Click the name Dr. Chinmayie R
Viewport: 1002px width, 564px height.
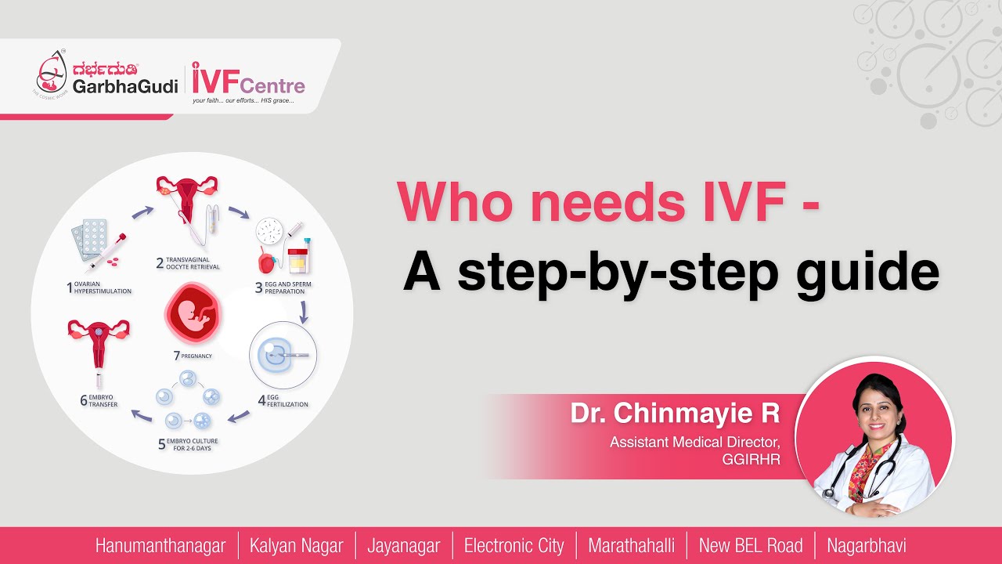click(x=675, y=413)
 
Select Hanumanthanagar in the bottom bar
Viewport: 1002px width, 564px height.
click(x=160, y=546)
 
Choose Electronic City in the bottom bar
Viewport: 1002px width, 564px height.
click(x=514, y=546)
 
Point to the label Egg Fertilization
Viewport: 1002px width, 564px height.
click(x=289, y=401)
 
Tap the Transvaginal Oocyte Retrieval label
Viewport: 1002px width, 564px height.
click(x=193, y=263)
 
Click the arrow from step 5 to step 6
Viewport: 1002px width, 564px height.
click(x=141, y=415)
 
